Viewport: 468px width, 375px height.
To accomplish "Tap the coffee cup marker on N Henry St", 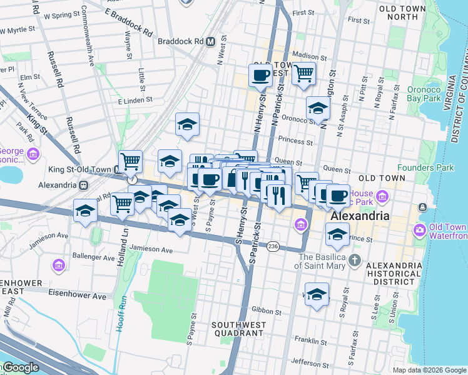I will coord(260,76).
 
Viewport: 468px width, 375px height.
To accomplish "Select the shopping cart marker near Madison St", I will coord(304,73).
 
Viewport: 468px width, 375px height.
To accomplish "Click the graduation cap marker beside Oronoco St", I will coord(318,109).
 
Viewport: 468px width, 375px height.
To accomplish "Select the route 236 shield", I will coord(273,247).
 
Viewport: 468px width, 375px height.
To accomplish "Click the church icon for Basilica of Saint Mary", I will coord(355,258).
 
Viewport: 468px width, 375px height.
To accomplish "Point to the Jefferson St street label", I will coord(309,362).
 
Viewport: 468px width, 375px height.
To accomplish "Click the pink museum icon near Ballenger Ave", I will coord(58,266).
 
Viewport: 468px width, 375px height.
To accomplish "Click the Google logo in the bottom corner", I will coord(20,367).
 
